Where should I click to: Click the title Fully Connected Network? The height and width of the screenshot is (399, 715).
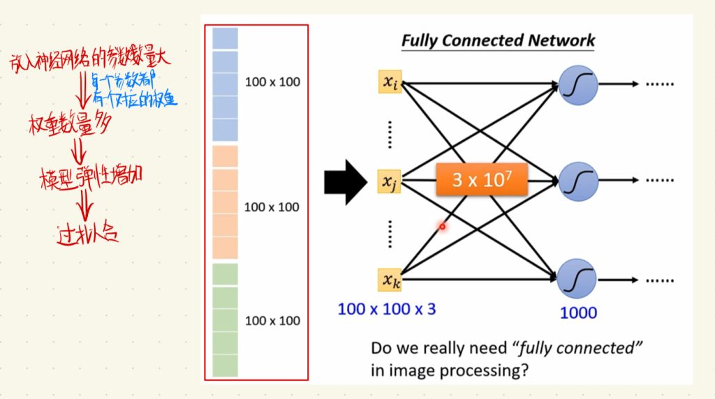click(x=498, y=40)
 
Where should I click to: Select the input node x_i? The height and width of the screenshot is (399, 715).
click(x=390, y=83)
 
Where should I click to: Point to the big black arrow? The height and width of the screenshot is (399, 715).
click(x=346, y=182)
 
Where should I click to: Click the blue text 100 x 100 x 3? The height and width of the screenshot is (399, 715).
click(x=386, y=308)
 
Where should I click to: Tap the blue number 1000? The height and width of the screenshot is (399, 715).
click(x=578, y=313)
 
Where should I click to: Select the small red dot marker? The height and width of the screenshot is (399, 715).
click(x=442, y=227)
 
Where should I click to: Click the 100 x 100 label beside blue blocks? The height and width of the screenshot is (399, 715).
click(x=272, y=82)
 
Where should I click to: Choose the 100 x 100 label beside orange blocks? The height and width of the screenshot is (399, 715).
click(x=272, y=207)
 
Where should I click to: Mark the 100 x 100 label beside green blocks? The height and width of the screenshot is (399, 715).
click(x=272, y=321)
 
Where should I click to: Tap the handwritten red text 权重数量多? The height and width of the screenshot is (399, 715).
click(x=73, y=125)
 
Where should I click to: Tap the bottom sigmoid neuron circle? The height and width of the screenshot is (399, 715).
click(x=577, y=278)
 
